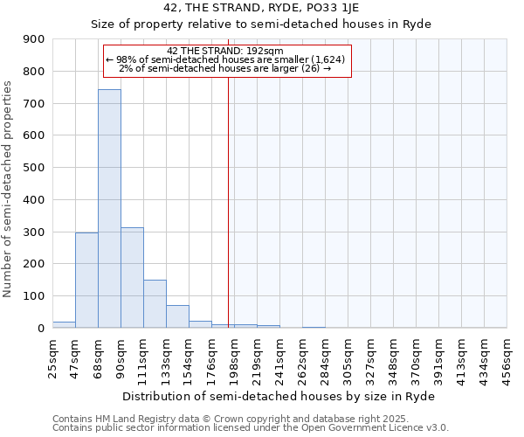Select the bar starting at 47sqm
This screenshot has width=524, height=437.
[x=86, y=280]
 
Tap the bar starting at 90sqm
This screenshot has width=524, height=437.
[x=132, y=277]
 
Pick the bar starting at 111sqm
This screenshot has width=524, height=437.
[x=155, y=303]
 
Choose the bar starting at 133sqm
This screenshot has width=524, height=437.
[x=177, y=316]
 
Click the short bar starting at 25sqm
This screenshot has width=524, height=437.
[x=64, y=324]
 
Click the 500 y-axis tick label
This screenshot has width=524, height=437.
[x=34, y=168]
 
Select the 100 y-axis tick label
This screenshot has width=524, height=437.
[x=34, y=296]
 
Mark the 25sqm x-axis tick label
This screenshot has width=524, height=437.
[x=53, y=355]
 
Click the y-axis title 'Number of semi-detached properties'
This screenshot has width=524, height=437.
[x=9, y=189]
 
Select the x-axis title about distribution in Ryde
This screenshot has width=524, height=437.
[x=279, y=396]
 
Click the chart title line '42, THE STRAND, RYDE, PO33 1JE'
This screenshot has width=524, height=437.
[x=262, y=8]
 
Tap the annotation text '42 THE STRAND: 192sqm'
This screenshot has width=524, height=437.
[x=225, y=51]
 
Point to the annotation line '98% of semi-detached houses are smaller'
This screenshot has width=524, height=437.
[x=225, y=59]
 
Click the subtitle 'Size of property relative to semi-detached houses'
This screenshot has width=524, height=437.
[x=262, y=24]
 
